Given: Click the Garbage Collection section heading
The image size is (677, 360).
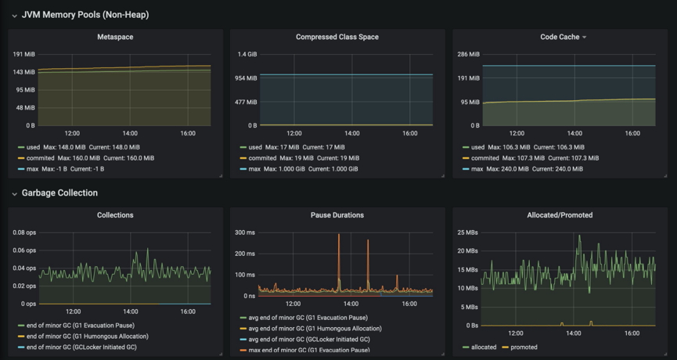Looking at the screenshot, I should coord(59,193).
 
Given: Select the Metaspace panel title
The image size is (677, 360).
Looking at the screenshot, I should coord(114,37).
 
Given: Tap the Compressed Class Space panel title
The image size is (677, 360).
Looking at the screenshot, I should coord(337,37).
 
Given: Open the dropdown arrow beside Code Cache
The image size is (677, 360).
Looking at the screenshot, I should coord(584,38).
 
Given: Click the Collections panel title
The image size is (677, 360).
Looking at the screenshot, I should coord(114,214).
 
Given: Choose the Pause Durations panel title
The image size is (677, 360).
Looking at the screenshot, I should coord(337,214).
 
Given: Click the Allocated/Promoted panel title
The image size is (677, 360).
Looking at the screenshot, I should coord(560,214).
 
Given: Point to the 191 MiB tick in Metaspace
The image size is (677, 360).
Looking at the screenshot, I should coord(23,54).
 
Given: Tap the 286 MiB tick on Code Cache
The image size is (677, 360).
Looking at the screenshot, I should coord(469,54).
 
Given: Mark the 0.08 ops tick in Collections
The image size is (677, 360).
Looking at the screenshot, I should coord(24,232).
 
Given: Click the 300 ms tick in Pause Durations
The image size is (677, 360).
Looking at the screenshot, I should coord(245,232).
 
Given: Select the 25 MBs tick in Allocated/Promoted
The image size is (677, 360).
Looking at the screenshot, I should coord(467,232).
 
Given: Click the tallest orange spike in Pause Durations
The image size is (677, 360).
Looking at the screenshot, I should coord(339,236).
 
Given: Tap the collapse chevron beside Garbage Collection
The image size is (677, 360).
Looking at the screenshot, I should coord(14,193).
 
